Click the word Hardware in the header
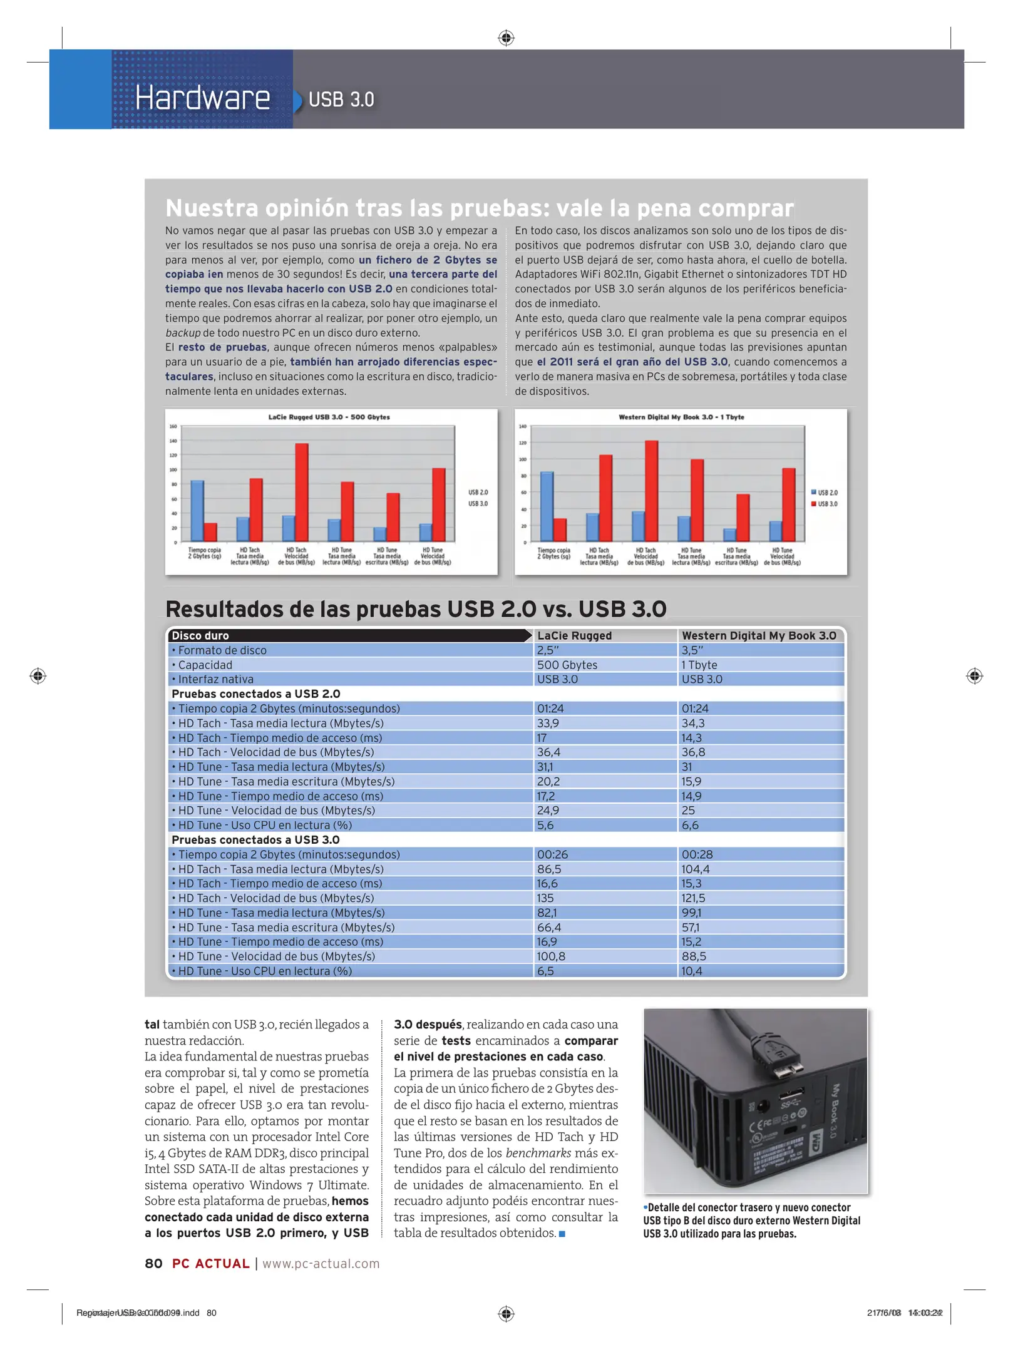202,98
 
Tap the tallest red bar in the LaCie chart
302,492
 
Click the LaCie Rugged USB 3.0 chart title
329,417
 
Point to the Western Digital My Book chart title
681,417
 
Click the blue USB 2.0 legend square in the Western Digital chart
813,493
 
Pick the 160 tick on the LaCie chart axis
173,427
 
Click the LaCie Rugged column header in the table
574,635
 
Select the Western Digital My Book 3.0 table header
759,635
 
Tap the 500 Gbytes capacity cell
567,665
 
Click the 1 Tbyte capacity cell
699,665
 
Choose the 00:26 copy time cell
552,854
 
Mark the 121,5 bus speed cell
693,898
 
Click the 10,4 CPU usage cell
692,971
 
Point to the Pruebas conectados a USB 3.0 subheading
255,840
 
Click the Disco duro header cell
200,635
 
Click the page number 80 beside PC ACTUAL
153,1263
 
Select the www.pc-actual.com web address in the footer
321,1263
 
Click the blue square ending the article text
562,1234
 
